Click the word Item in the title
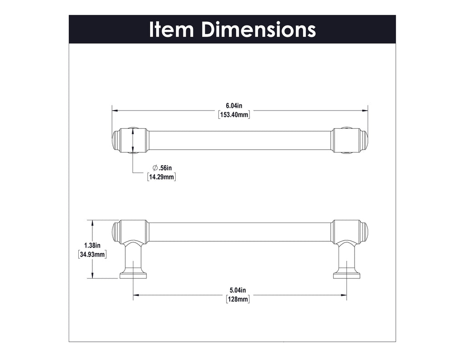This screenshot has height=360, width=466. click(x=172, y=30)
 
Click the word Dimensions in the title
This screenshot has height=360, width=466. click(x=258, y=30)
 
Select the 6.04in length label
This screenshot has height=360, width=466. click(x=234, y=106)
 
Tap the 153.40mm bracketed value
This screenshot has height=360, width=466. click(x=234, y=115)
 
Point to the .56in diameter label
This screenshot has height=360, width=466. click(x=165, y=168)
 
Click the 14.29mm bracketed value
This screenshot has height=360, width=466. click(x=162, y=177)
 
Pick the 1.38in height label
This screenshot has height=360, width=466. click(x=93, y=245)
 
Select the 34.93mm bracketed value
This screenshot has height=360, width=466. click(x=93, y=254)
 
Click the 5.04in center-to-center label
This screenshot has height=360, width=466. click(x=238, y=290)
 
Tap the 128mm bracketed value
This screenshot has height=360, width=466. click(x=238, y=299)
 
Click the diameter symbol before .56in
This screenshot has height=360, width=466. click(x=155, y=168)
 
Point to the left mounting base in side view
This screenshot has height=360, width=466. click(x=133, y=274)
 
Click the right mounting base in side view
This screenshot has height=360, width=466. click(x=347, y=274)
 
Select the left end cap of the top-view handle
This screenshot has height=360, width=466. click(x=116, y=140)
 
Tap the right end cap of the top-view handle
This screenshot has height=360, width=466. click(x=364, y=140)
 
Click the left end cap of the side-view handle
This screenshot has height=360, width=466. click(x=116, y=232)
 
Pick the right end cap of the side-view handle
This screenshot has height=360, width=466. click(x=364, y=232)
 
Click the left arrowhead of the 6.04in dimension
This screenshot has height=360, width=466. click(x=115, y=110)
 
